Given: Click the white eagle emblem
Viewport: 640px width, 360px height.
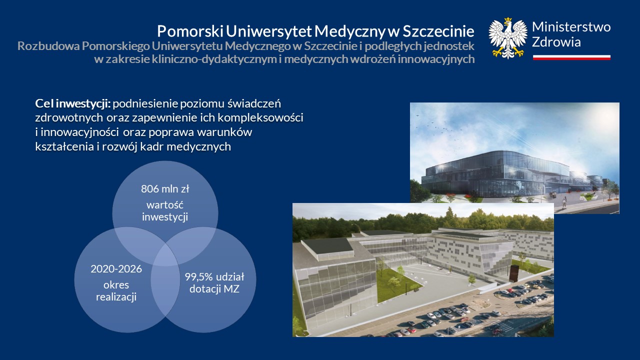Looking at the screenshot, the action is point(508,38).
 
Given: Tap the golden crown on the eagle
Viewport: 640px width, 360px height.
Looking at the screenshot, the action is point(507,19).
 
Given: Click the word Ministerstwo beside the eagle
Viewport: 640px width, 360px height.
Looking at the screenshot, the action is point(571,27).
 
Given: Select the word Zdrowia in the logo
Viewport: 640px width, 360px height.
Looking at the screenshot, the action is point(556,42).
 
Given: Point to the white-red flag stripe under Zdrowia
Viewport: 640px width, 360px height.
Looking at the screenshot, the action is point(571,57).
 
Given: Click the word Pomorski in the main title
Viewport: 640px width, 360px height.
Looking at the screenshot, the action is point(190,31).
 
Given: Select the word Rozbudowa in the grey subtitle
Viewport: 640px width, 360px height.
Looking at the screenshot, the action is point(48,46).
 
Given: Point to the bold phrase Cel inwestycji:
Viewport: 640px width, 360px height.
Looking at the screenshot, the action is point(73,103).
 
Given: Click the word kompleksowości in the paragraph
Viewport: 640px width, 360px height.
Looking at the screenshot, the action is point(260,117).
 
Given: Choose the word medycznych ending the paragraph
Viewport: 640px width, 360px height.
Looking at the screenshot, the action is point(199,146).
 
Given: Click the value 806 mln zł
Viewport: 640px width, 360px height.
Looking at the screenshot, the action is point(165,189).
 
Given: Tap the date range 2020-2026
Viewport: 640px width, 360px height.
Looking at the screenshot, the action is point(116,269).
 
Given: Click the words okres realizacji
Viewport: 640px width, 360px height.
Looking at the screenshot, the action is point(116,291).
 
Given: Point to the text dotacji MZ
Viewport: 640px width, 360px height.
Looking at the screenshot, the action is point(214,289).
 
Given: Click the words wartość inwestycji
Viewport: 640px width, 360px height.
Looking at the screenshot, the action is point(165,211).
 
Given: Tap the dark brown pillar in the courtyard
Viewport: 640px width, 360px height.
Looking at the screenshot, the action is point(513,273).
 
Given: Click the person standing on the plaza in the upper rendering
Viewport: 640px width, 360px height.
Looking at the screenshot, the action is point(564,202).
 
